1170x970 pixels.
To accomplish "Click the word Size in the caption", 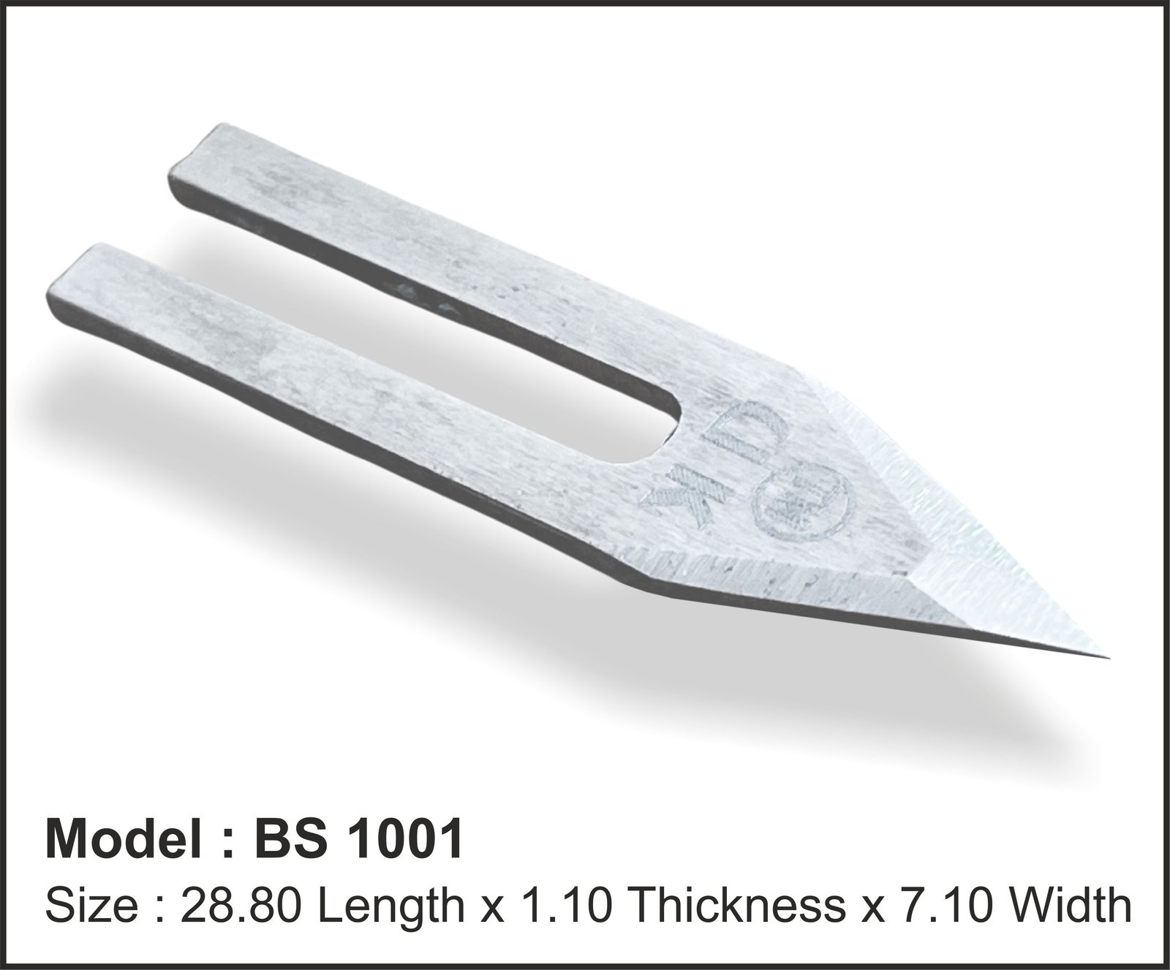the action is point(92,906).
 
